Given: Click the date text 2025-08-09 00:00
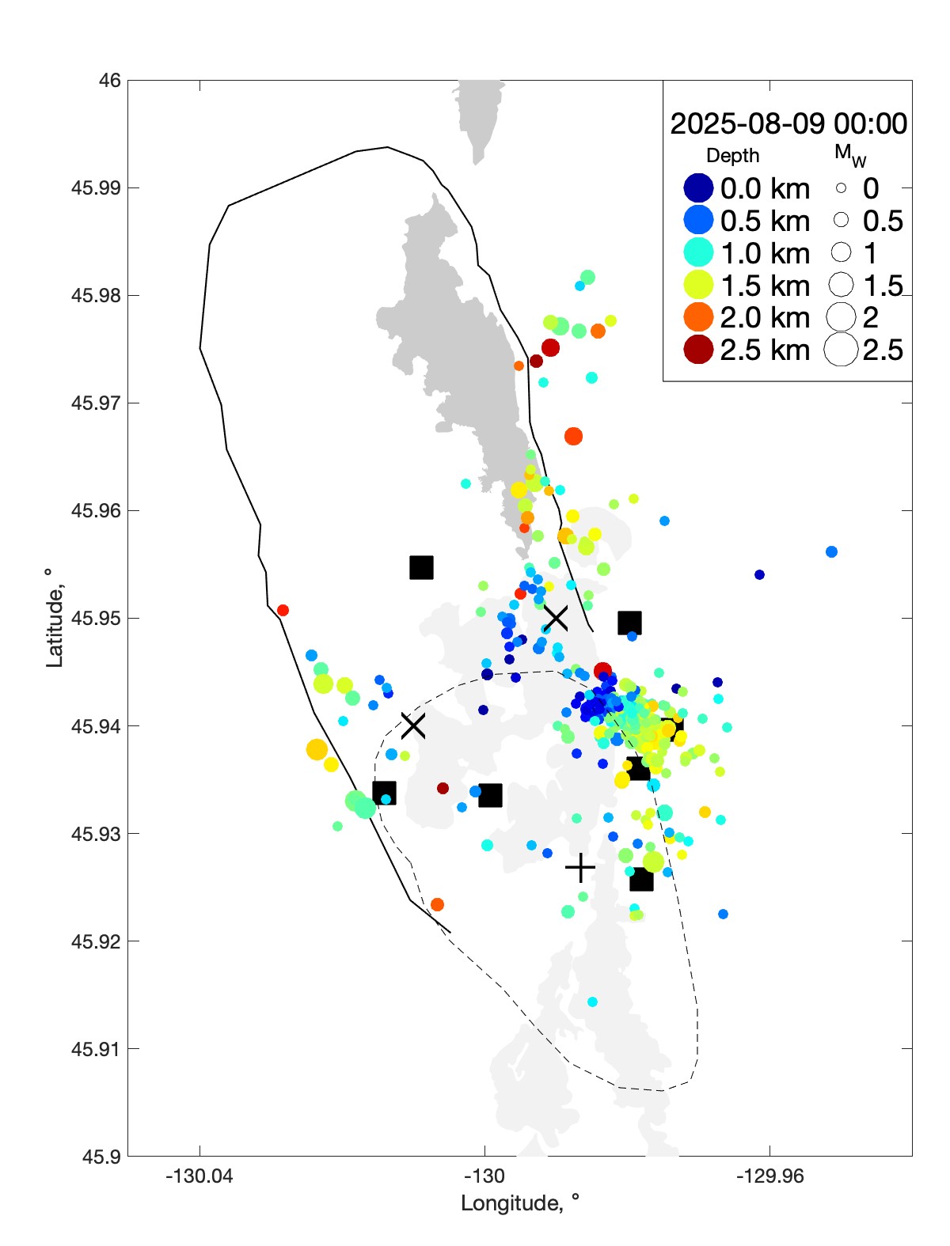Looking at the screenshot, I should tap(788, 123).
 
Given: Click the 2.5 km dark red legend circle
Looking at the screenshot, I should tap(698, 350).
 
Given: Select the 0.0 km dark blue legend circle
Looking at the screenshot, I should tap(698, 188).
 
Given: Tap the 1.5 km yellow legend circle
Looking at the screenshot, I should tap(698, 285).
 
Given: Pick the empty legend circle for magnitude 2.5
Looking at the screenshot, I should tap(841, 350).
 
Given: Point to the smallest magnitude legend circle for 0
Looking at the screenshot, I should tap(841, 188).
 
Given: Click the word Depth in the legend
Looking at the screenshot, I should tap(732, 156).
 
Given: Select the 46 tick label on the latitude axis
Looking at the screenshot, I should tap(110, 81).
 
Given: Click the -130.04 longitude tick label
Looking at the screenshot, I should tap(199, 1176).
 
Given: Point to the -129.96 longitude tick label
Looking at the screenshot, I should tap(769, 1176).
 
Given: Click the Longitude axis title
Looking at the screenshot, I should tap(520, 1203).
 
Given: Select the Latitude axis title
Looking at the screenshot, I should tap(54, 617).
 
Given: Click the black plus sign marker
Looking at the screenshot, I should tap(580, 868).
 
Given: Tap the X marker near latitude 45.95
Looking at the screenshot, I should tap(556, 617).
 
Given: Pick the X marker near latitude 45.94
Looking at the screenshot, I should tap(413, 725).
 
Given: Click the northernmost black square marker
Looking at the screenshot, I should tap(421, 567).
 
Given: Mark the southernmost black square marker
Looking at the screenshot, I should tap(641, 880).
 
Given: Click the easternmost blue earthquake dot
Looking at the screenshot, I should tap(831, 551).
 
